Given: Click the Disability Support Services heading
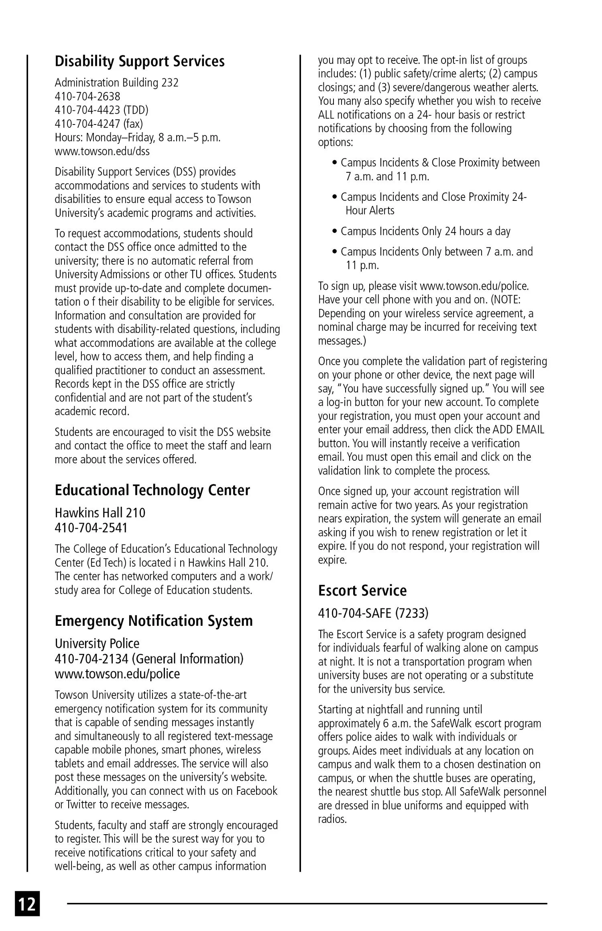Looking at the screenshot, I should coord(140,61).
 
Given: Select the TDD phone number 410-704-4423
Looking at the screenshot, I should coord(102,110).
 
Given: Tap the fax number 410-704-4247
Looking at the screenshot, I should coord(99,124).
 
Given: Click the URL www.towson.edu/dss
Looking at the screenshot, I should coord(102,151).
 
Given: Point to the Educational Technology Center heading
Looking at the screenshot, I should coord(152,490).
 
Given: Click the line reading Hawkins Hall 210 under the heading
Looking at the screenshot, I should coord(100,513).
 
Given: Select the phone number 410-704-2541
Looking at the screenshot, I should coord(91,527).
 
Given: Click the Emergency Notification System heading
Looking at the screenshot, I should coord(154,621).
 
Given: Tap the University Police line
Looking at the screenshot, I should coord(97,643).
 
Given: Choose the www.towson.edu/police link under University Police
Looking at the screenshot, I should coord(117,674).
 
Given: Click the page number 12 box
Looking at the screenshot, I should coord(27,903).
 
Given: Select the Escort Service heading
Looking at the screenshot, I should coord(362,590).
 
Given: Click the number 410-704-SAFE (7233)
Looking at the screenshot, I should coord(373,613).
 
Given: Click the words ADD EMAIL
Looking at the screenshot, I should coord(518,430).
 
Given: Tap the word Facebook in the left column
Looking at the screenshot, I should coord(256,791).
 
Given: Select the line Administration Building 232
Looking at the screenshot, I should coord(116,83).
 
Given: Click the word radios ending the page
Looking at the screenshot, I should coord(332,819).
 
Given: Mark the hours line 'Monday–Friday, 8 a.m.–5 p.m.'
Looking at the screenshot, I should coord(138,138).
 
